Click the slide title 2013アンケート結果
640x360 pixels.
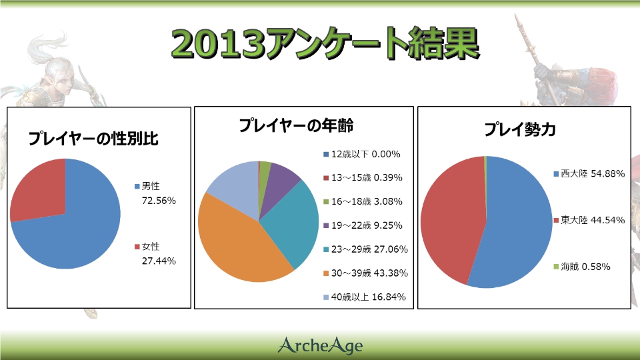324,43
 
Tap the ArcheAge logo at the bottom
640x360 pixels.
320,345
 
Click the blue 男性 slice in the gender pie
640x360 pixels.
80,227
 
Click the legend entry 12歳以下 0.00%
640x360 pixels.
361,154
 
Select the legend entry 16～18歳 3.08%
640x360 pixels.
363,201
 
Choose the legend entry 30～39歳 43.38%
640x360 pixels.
365,273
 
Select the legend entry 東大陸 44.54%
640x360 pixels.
589,220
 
